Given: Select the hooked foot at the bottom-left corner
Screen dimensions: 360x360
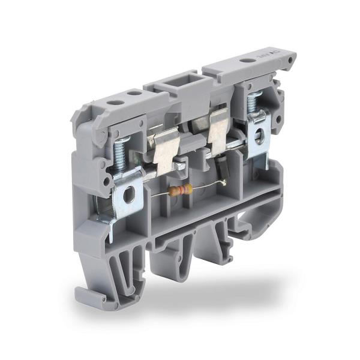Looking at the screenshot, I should pyautogui.click(x=84, y=295).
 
